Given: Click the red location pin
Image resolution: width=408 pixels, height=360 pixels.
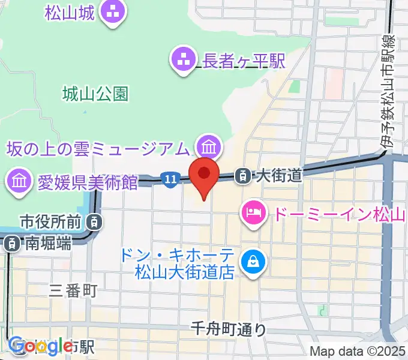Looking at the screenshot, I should tap(204, 175).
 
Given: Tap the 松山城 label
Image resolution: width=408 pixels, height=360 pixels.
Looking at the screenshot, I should tap(69, 11).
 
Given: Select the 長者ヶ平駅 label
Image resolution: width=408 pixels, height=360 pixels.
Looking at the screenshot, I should tap(236, 59).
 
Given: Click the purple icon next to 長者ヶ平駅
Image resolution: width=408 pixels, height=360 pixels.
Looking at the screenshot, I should tap(183, 59).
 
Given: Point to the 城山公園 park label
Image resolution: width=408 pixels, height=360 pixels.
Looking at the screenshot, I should tap(95, 94).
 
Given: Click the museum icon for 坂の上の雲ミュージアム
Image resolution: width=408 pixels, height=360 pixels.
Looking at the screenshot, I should tap(209, 146).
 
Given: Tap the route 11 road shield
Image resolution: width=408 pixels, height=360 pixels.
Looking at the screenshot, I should tap(170, 178).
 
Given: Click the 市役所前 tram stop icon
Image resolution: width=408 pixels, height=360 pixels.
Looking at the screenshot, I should tap(94, 222).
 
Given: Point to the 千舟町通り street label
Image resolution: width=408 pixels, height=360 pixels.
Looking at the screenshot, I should tap(229, 329).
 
